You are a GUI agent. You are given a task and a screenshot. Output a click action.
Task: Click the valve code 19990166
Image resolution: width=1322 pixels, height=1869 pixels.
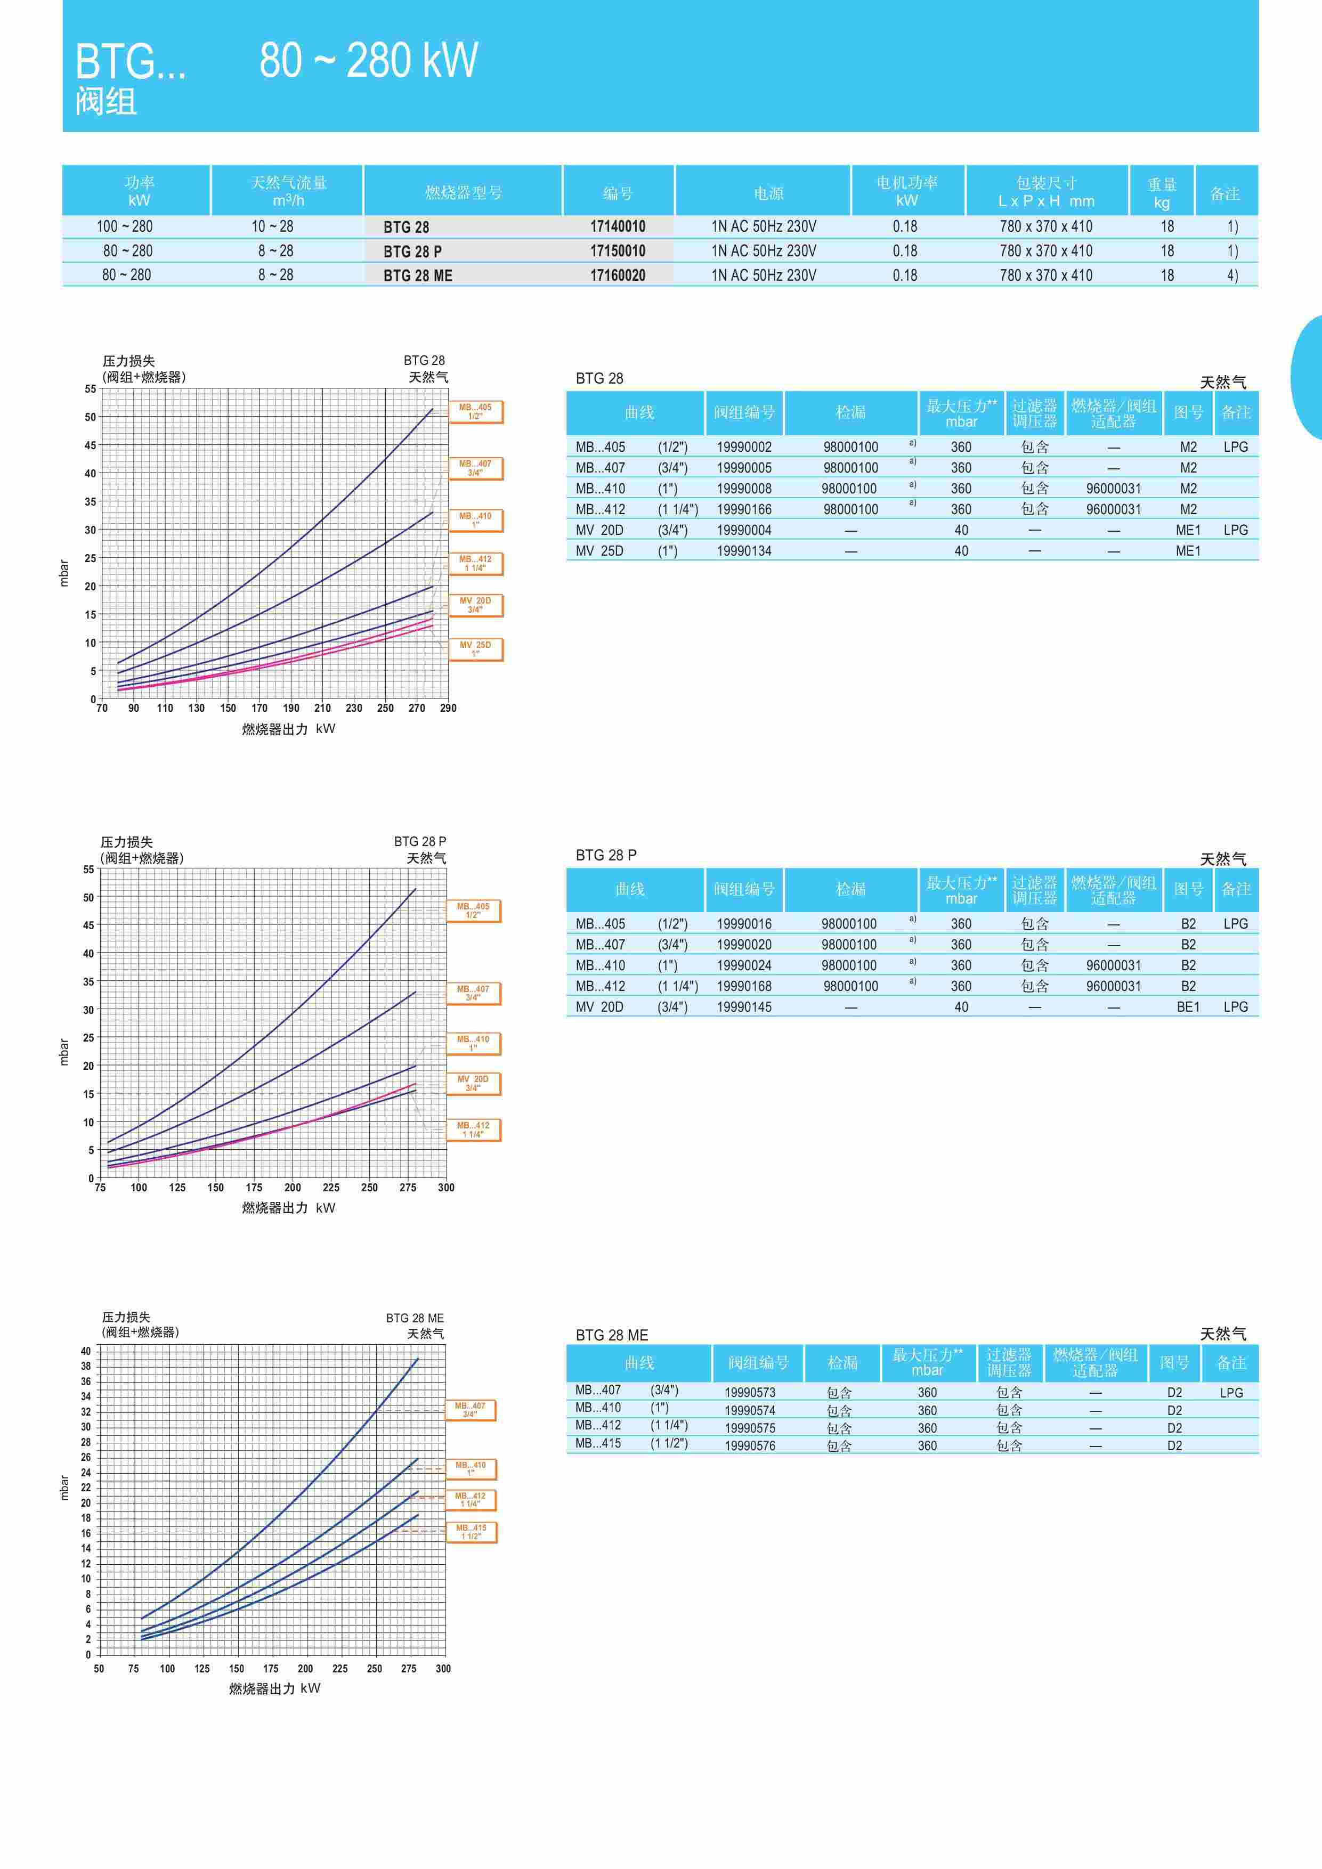coord(744,509)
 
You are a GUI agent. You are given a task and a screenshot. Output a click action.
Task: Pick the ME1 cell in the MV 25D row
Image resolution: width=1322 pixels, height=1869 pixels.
coord(1188,551)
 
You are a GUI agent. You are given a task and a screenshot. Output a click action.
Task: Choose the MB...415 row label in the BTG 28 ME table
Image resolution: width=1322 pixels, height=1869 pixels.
coord(598,1443)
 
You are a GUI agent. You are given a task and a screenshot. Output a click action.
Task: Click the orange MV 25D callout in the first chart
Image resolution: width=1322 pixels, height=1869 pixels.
coord(475,649)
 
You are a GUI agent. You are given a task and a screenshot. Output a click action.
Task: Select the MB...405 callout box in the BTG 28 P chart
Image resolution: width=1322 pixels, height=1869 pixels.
coord(473,910)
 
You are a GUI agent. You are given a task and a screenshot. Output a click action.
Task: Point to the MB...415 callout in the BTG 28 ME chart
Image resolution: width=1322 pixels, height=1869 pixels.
coord(471,1532)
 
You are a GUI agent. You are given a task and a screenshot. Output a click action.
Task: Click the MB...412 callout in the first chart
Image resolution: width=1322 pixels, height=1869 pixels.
coord(475,563)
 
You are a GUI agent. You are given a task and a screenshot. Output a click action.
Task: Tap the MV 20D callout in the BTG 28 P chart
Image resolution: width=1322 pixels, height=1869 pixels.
coord(473,1084)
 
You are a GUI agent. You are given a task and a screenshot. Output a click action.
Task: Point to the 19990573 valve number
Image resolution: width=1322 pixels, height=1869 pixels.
coord(750,1393)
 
